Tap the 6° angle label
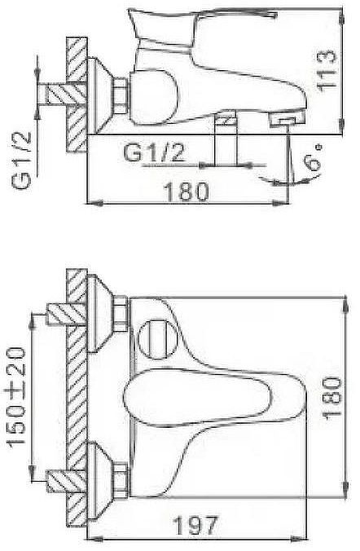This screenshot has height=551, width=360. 313,157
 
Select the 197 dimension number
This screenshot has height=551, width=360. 196,526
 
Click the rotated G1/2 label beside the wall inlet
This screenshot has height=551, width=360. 21,161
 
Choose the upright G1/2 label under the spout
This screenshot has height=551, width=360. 154,152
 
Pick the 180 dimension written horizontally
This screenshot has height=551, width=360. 187,192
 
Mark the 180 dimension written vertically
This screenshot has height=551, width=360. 332,397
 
